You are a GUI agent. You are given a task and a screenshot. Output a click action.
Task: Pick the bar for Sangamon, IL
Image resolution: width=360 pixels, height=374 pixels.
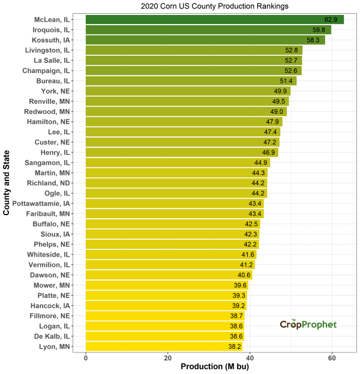point(178,162)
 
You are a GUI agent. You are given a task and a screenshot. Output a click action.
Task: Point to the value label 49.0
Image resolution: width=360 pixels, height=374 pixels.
point(277,111)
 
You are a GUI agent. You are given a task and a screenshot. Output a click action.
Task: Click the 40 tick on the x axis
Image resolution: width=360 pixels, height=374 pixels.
point(250,358)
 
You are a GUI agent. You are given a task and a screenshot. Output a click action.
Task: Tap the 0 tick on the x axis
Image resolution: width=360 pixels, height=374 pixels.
point(86,358)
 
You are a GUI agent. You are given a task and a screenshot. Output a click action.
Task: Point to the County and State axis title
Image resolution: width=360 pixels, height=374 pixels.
point(7,183)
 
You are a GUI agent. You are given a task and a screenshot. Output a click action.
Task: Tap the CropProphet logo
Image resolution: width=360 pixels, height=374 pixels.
point(308,324)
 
